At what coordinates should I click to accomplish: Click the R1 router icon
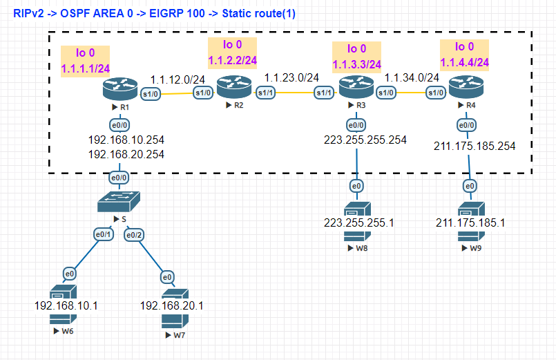coord(120,89)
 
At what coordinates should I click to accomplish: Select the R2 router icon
coord(234,87)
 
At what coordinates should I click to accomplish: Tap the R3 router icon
coord(356,87)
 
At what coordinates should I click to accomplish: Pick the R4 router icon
coord(466,87)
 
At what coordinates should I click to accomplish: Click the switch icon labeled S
coord(119,202)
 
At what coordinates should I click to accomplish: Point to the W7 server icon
coord(175,308)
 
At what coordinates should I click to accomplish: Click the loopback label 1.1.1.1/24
coord(86,68)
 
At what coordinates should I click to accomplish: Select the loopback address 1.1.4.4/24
coord(465,62)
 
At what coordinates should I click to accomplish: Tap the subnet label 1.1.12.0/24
coord(178,79)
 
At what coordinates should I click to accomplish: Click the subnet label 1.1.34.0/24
coord(412,77)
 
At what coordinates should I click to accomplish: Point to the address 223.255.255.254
coord(365,140)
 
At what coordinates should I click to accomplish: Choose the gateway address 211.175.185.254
coord(474,146)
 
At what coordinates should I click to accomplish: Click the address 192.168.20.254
coord(126,154)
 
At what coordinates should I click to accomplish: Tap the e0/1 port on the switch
coord(104,234)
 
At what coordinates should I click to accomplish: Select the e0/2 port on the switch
coord(134,235)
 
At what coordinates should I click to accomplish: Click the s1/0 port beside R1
coord(151,94)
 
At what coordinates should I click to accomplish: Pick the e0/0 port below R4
coord(467,125)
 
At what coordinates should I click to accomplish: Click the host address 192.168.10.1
coord(66,305)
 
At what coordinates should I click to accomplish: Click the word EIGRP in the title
coord(164,14)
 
